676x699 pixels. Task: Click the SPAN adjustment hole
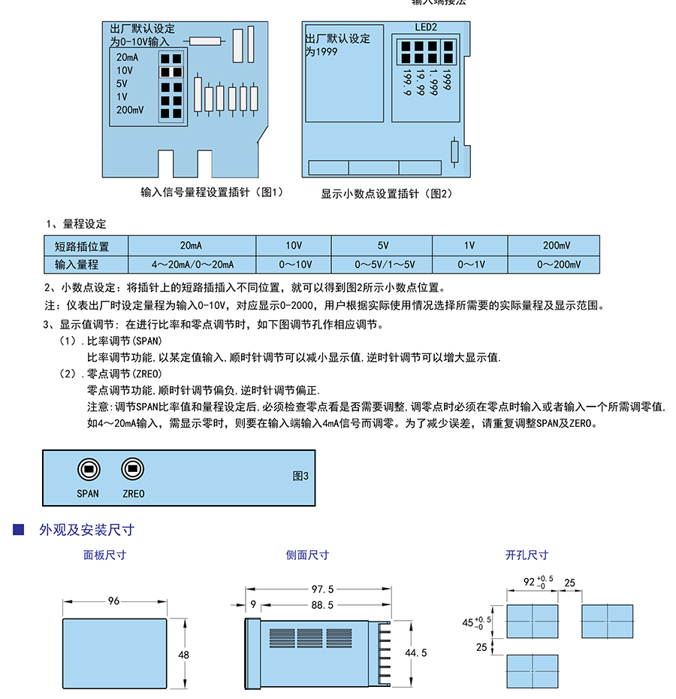pos(88,469)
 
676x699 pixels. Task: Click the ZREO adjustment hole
pos(133,469)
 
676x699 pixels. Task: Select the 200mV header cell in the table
pos(556,246)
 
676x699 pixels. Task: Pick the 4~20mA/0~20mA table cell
pos(192,265)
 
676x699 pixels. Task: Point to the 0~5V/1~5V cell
pos(384,265)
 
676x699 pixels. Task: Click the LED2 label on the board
pos(426,27)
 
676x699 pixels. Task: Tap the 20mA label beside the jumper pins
pos(127,57)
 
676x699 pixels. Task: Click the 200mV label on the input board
pos(130,110)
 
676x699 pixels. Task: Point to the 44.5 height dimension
pos(415,652)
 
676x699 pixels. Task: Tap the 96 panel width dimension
pos(114,601)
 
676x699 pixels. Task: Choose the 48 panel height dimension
pos(183,655)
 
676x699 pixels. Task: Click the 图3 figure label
pos(300,476)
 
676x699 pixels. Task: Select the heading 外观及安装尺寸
pos(86,530)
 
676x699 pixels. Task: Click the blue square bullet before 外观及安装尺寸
pos(19,530)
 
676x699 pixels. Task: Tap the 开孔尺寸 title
pos(527,555)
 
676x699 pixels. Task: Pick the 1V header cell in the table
pos(469,246)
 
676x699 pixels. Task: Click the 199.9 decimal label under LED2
pos(407,83)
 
